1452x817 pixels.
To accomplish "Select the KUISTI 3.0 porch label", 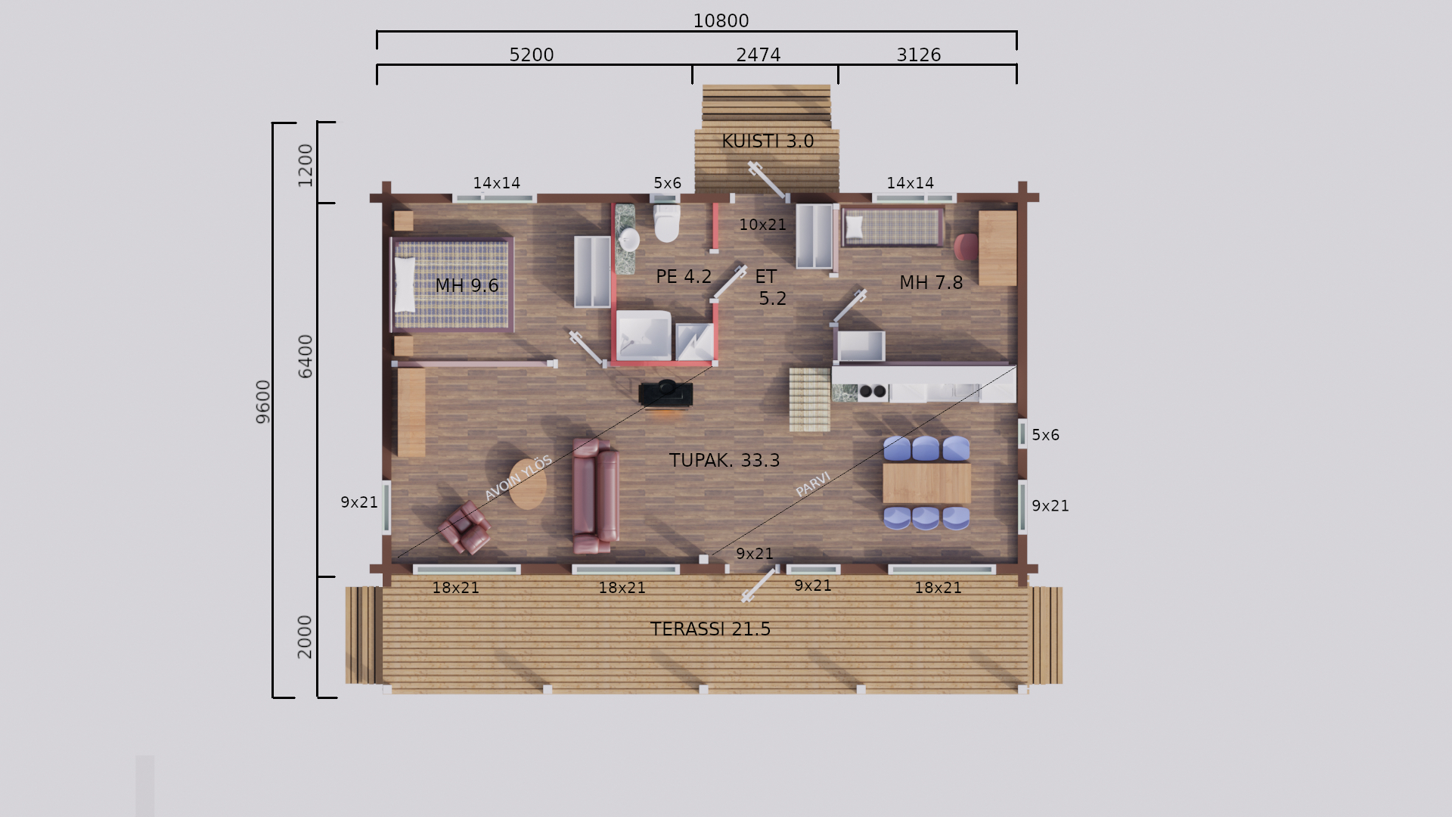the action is pyautogui.click(x=768, y=141).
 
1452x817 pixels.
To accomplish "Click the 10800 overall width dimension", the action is pyautogui.click(x=721, y=21).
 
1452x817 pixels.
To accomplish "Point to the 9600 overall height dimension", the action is pyautogui.click(x=262, y=402).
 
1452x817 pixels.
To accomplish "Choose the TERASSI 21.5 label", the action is pyautogui.click(x=710, y=629).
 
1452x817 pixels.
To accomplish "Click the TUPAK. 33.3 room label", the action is pyautogui.click(x=724, y=461).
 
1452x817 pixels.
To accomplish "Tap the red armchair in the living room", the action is pyautogui.click(x=464, y=527).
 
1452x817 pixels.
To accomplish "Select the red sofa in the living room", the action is pyautogui.click(x=595, y=495).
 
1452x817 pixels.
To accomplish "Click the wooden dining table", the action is pyautogui.click(x=926, y=483).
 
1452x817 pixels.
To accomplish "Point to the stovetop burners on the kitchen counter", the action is pyautogui.click(x=873, y=392).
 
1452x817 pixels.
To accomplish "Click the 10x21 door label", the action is pyautogui.click(x=762, y=225).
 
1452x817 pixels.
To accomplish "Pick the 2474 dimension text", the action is pyautogui.click(x=758, y=55).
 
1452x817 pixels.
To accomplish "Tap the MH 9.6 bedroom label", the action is pyautogui.click(x=467, y=286).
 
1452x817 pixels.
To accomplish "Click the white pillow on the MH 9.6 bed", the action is pyautogui.click(x=405, y=284).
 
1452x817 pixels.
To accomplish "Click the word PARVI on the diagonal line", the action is pyautogui.click(x=813, y=484).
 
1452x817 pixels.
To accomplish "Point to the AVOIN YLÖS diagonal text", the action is pyautogui.click(x=518, y=478).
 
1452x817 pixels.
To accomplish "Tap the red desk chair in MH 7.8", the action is pyautogui.click(x=966, y=247).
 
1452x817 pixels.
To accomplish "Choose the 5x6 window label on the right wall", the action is pyautogui.click(x=1045, y=435).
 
